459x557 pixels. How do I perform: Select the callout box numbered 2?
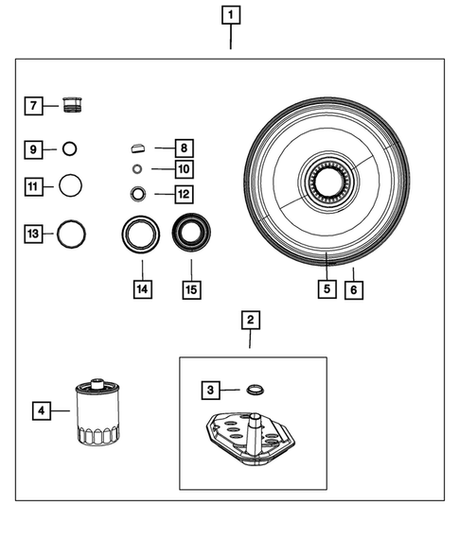(249, 321)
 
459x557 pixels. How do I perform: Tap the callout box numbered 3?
(211, 390)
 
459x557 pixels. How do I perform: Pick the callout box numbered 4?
(41, 410)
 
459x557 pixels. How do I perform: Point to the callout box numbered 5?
(326, 289)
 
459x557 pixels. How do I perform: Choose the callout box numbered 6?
(353, 289)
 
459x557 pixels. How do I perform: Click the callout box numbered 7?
(33, 106)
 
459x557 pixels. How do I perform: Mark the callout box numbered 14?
(142, 289)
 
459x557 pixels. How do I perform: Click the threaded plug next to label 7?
(71, 104)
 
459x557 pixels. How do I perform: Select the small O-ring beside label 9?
(69, 148)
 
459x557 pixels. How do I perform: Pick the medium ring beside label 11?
(71, 184)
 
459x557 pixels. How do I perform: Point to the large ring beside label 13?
(72, 232)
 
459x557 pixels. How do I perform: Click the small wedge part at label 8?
(137, 148)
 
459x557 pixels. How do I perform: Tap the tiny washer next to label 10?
(137, 169)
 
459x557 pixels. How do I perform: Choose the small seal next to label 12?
(138, 194)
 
